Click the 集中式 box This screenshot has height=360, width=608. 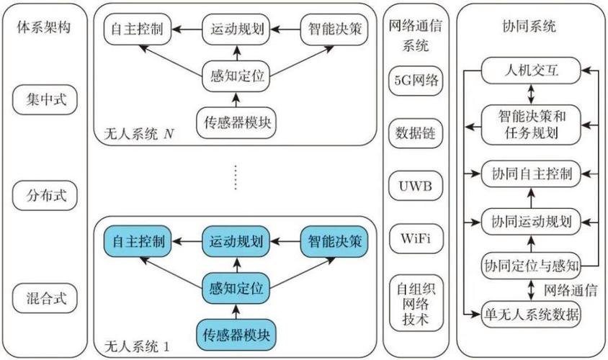pyautogui.click(x=44, y=100)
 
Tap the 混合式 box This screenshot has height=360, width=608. pyautogui.click(x=44, y=298)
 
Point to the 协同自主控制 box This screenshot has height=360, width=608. pyautogui.click(x=531, y=174)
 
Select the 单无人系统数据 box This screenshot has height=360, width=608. pyautogui.click(x=531, y=314)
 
